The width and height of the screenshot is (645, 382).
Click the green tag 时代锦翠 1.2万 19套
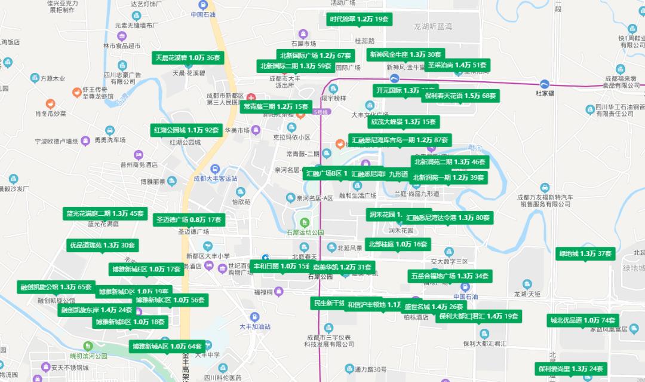[361, 19]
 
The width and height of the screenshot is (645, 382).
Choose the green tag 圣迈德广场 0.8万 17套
[189, 219]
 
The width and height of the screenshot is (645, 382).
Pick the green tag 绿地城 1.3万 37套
[585, 254]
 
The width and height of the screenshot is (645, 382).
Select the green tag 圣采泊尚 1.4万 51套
[457, 65]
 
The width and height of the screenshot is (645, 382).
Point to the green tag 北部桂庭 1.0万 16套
[398, 244]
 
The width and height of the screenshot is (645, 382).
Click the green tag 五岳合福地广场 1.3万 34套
[450, 276]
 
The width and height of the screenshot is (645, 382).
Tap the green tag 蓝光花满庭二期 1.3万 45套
[105, 213]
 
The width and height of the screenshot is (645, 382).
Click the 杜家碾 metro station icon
[545, 84]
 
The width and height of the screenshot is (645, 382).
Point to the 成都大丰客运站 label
[216, 178]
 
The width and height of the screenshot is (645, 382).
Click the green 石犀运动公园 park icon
[305, 223]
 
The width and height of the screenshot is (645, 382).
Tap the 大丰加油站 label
[255, 327]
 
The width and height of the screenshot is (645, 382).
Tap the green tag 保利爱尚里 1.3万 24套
[570, 369]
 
